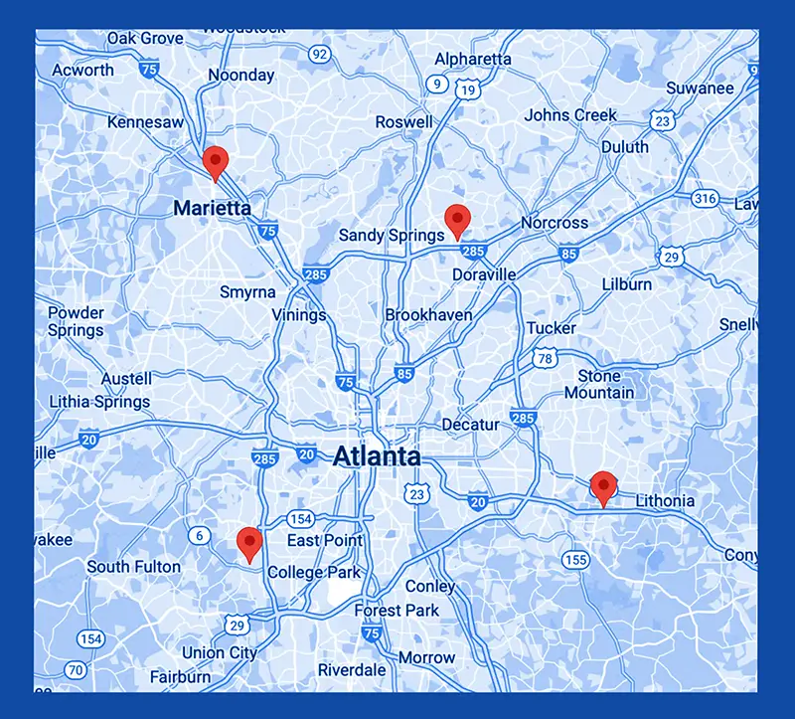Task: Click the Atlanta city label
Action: (376, 457)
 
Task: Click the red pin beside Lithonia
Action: (602, 487)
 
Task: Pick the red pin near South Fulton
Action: (248, 543)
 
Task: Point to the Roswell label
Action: (403, 122)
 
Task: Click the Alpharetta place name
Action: (473, 60)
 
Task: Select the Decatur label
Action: (470, 425)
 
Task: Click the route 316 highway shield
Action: (705, 199)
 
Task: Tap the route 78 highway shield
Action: (544, 358)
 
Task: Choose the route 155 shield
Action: (575, 560)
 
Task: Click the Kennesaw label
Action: (145, 122)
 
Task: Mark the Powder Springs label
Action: (76, 321)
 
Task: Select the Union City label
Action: (219, 653)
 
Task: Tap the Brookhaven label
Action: (428, 315)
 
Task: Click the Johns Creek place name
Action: (570, 115)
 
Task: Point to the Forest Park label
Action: (397, 611)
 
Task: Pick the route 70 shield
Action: (76, 668)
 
